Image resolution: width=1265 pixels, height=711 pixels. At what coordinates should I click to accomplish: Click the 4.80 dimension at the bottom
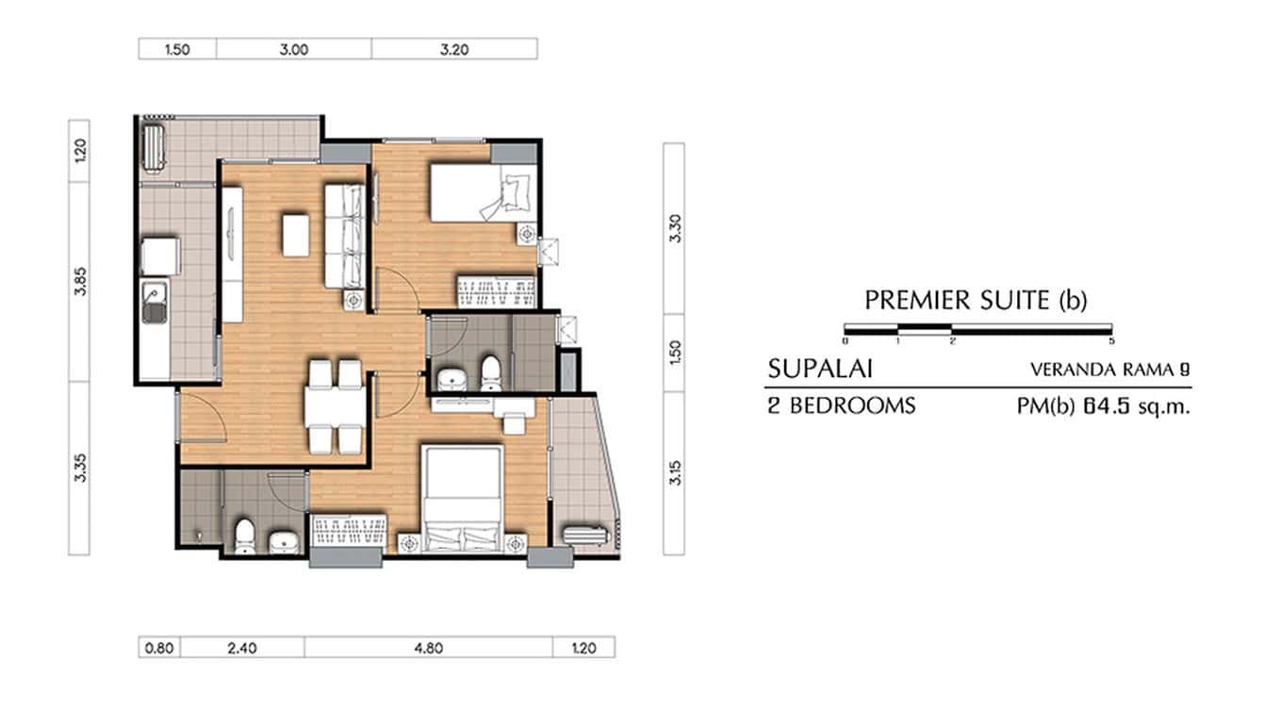pos(427,647)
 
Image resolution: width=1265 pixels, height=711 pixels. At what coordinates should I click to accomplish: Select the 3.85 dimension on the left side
pos(80,281)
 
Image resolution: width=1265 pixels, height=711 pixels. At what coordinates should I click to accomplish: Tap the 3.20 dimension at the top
pos(453,49)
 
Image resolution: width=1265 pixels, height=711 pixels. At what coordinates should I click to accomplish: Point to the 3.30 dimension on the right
pos(673,228)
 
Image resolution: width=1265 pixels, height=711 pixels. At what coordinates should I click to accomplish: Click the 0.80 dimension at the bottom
pos(159,647)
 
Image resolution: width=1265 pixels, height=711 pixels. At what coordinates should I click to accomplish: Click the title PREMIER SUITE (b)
pos(976,301)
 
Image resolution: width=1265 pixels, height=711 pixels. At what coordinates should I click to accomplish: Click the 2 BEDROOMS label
pos(842,406)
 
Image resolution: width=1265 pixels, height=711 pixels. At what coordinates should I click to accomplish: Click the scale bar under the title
pos(977,329)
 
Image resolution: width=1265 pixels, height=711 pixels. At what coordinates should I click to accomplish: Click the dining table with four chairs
pos(334,406)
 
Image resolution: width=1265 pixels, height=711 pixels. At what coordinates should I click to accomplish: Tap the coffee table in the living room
pos(295,235)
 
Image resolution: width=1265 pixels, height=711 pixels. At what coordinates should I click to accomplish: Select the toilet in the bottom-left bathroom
pos(244,535)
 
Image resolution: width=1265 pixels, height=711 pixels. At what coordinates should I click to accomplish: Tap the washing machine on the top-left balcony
pos(152,147)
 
